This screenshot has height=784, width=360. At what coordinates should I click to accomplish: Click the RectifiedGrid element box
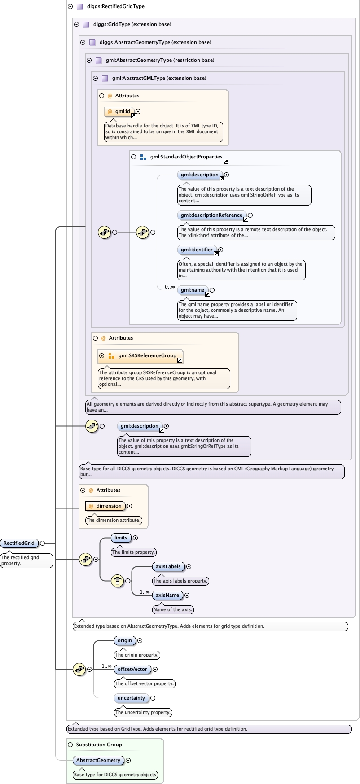(19, 543)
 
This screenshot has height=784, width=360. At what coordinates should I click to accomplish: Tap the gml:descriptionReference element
(211, 215)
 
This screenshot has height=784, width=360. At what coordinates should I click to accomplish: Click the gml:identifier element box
(197, 250)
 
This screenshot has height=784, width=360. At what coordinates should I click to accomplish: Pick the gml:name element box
(193, 290)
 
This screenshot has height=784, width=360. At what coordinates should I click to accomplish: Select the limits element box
(121, 538)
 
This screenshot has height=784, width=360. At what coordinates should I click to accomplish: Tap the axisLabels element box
(168, 566)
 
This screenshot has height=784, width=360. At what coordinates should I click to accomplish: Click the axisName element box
(167, 595)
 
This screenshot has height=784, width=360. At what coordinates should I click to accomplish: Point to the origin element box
(124, 641)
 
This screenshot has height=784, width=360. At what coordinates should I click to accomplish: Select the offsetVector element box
(132, 670)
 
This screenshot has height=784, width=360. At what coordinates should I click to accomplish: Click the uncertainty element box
(131, 698)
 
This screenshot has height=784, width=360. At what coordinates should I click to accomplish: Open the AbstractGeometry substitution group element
(98, 760)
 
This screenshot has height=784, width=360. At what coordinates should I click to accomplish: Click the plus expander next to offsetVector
(155, 670)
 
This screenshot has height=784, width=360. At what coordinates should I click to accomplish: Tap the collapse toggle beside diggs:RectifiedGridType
(70, 7)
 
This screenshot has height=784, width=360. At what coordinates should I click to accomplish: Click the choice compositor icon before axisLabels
(117, 581)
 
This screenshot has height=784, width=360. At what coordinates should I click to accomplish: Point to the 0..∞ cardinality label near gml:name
(170, 287)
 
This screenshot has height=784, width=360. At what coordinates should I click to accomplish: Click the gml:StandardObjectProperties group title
(186, 157)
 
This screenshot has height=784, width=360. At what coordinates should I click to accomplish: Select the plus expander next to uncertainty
(153, 698)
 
